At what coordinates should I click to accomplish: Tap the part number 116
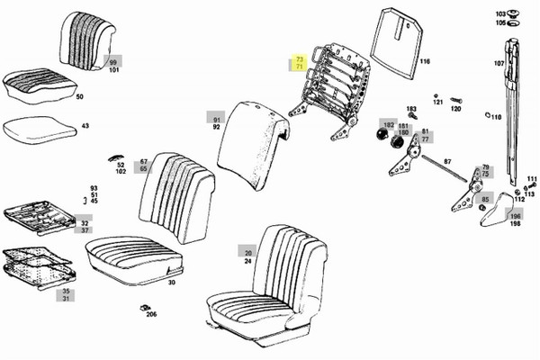tap(424, 62)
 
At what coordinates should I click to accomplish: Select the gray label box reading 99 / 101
tap(113, 64)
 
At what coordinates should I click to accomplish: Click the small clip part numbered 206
tap(151, 314)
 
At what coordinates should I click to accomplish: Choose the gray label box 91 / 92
tap(216, 123)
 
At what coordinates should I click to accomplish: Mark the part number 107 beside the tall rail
tap(498, 64)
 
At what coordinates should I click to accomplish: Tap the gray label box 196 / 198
tap(516, 219)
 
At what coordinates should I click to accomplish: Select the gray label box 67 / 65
tap(143, 166)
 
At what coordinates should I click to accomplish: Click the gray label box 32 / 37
tap(85, 226)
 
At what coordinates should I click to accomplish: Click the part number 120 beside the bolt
tap(455, 109)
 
